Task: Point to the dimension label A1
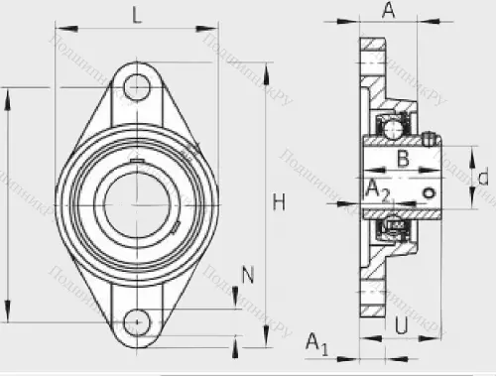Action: [x=316, y=343]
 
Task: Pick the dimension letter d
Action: [x=482, y=178]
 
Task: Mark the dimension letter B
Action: [x=403, y=158]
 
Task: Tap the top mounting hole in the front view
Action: [x=135, y=86]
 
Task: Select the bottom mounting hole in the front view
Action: [x=135, y=321]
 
